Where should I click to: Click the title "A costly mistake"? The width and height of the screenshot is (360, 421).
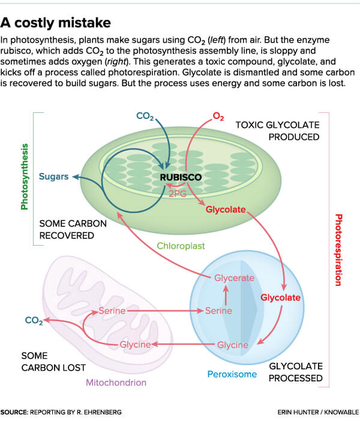[x=56, y=22]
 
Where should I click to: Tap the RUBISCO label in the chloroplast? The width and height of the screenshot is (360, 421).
[x=180, y=177]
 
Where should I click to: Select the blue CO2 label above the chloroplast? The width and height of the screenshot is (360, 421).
[x=146, y=114]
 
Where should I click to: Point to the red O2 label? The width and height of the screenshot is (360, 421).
[x=218, y=115]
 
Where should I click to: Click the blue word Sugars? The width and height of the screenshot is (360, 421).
[x=53, y=177]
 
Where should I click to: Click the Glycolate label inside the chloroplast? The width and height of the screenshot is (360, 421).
[x=226, y=210]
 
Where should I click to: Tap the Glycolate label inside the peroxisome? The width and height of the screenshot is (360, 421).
[x=280, y=297]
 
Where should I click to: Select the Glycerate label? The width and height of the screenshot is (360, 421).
[x=235, y=277]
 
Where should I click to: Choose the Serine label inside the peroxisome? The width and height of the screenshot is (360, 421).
[x=218, y=311]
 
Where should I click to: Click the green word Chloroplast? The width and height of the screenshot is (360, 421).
[x=179, y=246]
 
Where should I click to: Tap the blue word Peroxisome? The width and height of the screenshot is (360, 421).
[x=232, y=374]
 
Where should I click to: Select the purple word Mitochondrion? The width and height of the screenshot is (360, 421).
[x=116, y=382]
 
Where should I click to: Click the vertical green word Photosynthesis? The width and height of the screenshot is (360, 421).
[x=25, y=176]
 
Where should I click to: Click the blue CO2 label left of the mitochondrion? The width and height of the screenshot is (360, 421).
[x=34, y=321]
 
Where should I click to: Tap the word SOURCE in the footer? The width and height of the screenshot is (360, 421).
[x=18, y=412]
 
